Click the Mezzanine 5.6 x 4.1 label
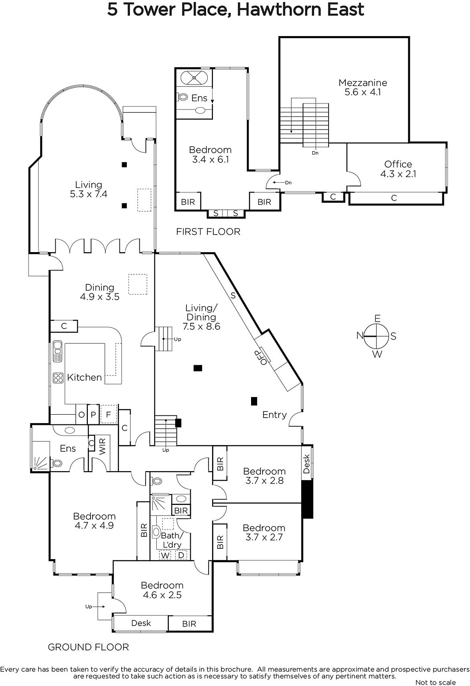pos(362,87)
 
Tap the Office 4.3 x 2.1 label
pos(398,169)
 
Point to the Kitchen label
pos(84,377)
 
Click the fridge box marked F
pos(109,414)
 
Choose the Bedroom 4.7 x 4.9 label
pos(94,521)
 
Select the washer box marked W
pos(165,555)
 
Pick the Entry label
pos(275,415)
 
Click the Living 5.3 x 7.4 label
pos(89,189)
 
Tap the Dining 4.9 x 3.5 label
pos(99,292)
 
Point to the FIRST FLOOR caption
pos(208,232)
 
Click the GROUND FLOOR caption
pos(88,647)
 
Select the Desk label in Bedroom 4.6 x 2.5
pos(141,623)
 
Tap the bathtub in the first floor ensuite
pos(194,78)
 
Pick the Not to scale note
pos(435,682)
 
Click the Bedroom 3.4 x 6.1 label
pos(210,154)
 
